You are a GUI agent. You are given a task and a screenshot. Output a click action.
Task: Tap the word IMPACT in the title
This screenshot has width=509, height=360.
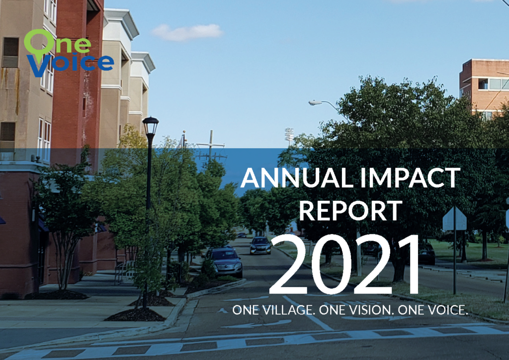(x=410, y=178)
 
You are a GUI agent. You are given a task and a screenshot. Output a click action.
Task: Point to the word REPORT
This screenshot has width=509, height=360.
(x=350, y=211)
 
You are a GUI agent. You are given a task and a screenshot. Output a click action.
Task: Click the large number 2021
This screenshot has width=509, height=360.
(x=345, y=265)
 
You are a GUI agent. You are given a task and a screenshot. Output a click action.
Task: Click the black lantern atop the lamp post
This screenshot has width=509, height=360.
(x=150, y=126)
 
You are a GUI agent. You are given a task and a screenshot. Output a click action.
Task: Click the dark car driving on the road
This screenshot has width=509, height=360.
(x=260, y=246)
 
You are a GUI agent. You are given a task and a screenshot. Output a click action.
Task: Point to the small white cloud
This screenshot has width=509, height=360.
(x=187, y=32)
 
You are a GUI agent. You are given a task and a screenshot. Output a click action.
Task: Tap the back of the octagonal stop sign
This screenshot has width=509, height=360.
(x=454, y=219)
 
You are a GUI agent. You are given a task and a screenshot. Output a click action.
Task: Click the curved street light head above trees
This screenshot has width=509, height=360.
(x=315, y=103)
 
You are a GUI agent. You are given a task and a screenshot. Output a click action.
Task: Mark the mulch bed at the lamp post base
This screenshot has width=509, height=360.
(x=135, y=315)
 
